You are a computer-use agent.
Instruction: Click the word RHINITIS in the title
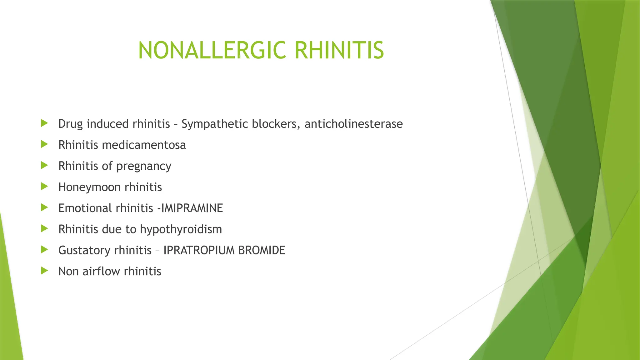click(339, 50)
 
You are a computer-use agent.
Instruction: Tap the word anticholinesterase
click(353, 124)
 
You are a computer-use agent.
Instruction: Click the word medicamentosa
click(144, 145)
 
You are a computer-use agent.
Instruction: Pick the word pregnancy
click(144, 167)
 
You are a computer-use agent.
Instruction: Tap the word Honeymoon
click(90, 187)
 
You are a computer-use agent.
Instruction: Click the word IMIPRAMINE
click(192, 208)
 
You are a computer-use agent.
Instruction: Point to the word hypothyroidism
click(181, 229)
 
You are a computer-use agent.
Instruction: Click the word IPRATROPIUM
click(199, 250)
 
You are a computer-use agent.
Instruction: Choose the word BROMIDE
click(262, 250)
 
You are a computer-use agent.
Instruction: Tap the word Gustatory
click(84, 250)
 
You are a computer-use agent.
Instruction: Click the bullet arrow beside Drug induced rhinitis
click(44, 123)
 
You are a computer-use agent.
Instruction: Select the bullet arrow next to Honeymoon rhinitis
click(44, 187)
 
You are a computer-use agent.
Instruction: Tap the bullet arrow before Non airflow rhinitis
click(44, 271)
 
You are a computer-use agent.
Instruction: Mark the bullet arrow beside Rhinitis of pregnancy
click(44, 165)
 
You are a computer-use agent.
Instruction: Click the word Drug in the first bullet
click(71, 124)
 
